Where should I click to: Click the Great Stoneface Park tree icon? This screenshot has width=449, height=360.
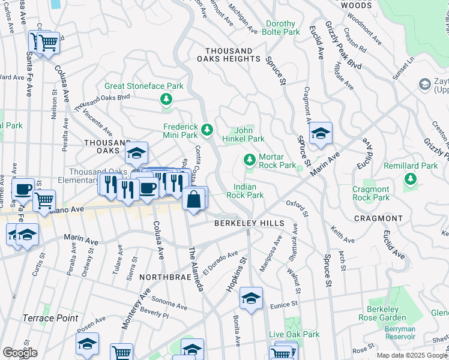point(166,99)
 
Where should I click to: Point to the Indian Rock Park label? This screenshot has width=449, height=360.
point(249,191)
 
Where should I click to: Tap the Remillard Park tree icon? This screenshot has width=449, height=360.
point(411,179)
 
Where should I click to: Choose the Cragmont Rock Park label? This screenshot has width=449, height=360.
point(379,193)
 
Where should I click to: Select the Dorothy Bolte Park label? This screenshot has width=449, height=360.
point(282,27)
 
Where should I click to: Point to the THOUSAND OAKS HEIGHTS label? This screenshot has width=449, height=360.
point(233,55)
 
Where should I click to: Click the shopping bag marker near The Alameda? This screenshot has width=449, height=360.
point(193,199)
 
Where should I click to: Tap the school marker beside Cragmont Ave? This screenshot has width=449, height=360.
point(321,134)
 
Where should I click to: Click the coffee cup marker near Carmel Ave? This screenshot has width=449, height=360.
point(23,190)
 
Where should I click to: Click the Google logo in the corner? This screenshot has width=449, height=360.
point(20,352)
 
